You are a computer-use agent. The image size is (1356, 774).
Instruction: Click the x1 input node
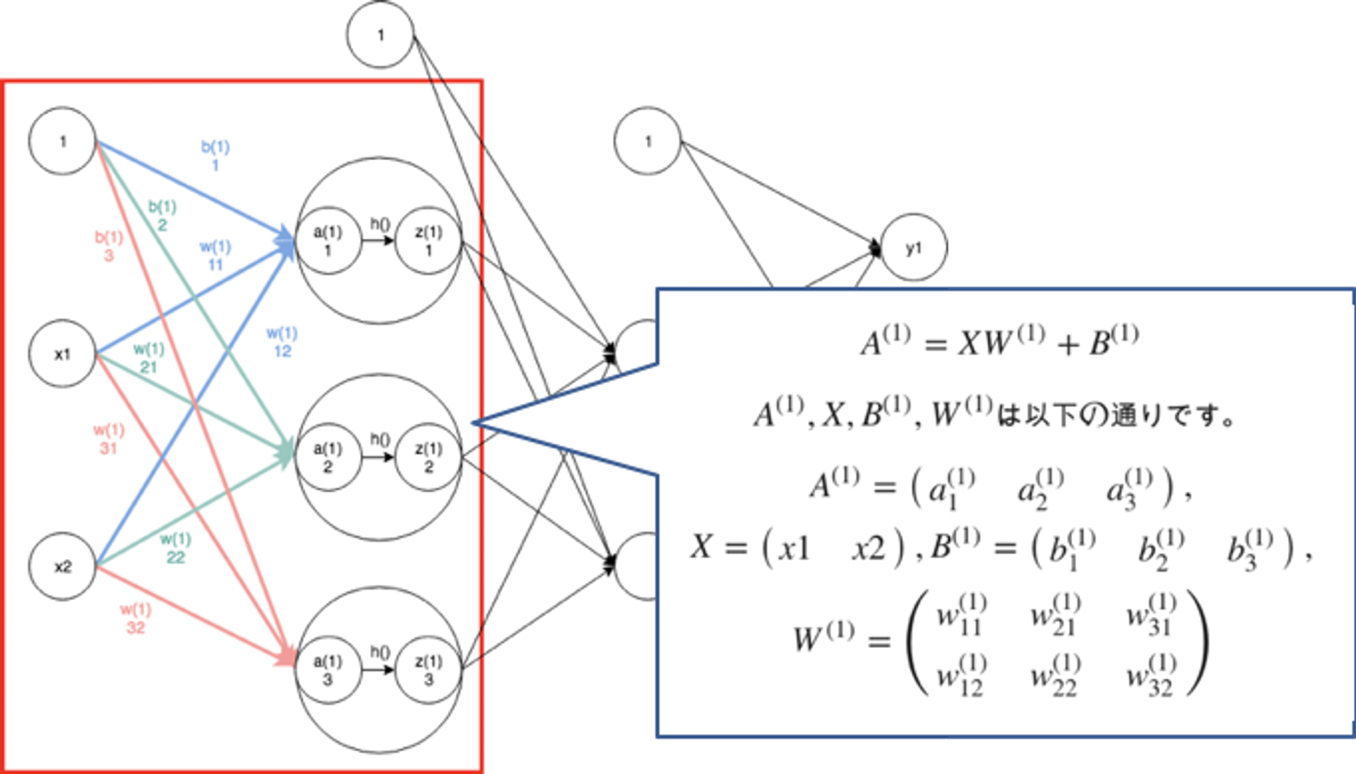click(x=62, y=354)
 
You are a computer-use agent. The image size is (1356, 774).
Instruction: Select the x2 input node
click(x=62, y=567)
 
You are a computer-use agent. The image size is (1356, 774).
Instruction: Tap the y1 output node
click(x=914, y=248)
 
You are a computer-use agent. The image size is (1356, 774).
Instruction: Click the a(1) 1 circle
click(x=328, y=241)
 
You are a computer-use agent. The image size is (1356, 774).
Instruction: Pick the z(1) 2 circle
click(x=428, y=457)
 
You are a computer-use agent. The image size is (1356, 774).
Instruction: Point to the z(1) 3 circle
click(x=428, y=670)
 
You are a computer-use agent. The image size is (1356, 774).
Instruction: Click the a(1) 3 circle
click(x=328, y=670)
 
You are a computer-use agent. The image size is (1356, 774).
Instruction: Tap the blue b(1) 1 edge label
click(x=216, y=155)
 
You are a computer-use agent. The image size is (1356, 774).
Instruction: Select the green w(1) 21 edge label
click(x=148, y=358)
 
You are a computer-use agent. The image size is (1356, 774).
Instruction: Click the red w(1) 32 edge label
click(x=136, y=618)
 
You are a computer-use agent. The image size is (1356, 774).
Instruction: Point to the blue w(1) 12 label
click(x=282, y=342)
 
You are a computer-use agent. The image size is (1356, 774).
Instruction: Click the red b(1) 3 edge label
click(x=108, y=246)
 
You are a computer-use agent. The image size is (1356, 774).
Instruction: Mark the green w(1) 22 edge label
click(x=176, y=548)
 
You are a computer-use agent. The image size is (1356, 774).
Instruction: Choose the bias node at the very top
click(x=380, y=35)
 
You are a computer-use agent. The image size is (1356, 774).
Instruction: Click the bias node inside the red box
click(x=62, y=141)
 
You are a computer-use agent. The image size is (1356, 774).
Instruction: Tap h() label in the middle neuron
click(x=380, y=439)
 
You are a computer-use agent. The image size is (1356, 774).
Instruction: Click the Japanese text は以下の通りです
click(x=1115, y=415)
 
